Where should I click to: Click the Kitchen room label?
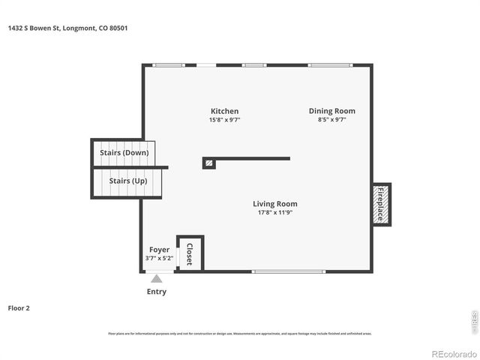click(x=224, y=111)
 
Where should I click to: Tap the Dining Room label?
click(x=331, y=111)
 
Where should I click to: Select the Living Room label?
click(x=274, y=203)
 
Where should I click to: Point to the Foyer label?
click(x=159, y=250)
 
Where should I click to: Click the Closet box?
click(x=190, y=253)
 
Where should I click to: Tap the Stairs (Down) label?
click(x=124, y=152)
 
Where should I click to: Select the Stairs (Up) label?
click(x=127, y=181)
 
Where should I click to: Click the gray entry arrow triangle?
click(x=156, y=278)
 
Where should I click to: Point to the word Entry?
click(x=157, y=292)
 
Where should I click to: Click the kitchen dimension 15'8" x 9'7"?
click(x=224, y=120)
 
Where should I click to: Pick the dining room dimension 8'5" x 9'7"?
click(x=331, y=120)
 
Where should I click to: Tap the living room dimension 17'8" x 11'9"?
click(x=274, y=212)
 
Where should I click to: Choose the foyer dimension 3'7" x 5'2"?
click(x=159, y=259)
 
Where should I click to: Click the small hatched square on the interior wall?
click(x=209, y=162)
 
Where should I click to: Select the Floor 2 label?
click(x=19, y=307)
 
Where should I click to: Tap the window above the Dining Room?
click(x=331, y=65)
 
